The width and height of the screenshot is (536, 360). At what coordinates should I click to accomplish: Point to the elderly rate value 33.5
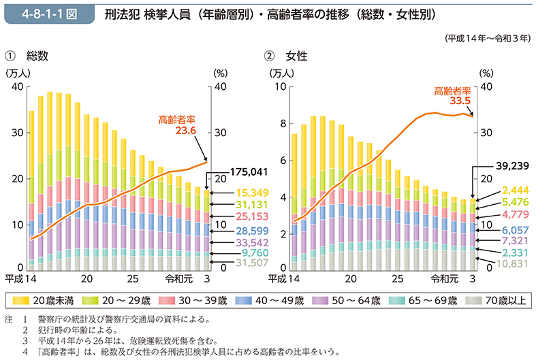coord(460,101)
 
